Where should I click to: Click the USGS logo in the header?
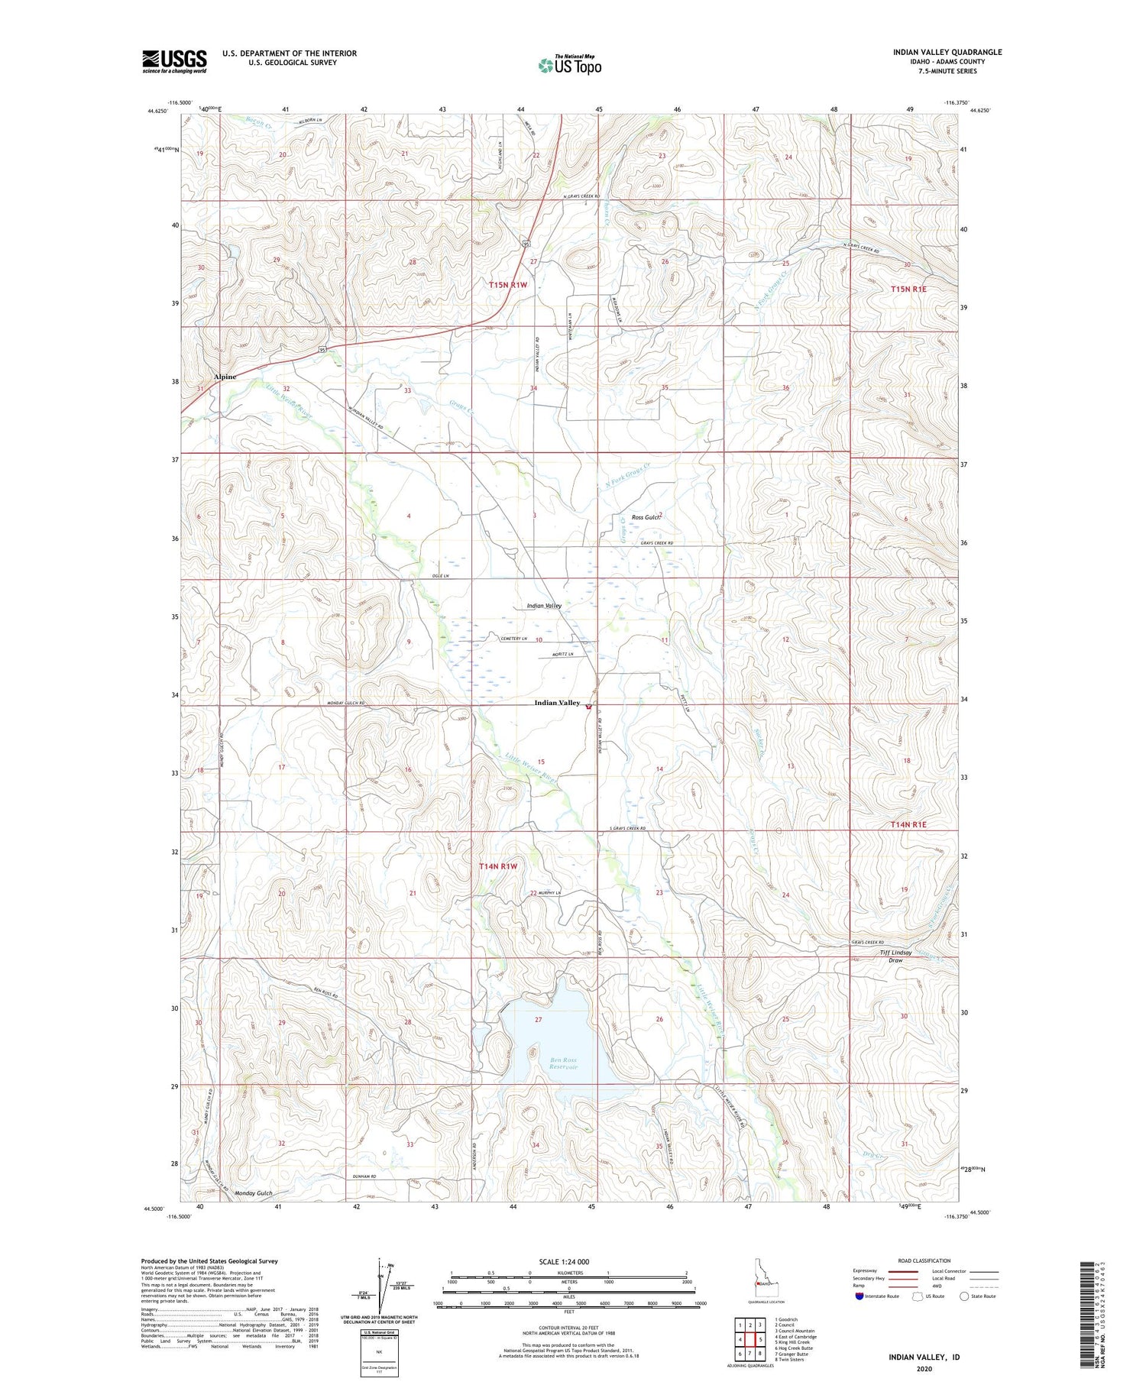coord(174,61)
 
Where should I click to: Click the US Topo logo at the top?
coord(570,65)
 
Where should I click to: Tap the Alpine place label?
coord(225,377)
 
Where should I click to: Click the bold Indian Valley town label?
coord(556,703)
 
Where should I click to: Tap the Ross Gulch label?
coord(646,517)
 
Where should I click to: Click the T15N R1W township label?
coord(508,285)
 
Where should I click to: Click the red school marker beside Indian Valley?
coord(588,707)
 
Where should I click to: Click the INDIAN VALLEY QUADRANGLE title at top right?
coord(947,52)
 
